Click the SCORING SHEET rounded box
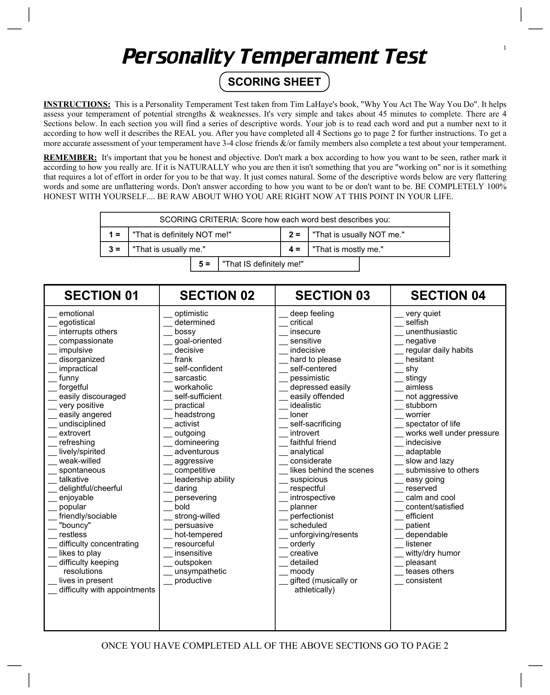274,82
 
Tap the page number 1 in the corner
504,48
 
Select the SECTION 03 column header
332,296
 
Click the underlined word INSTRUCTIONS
77,104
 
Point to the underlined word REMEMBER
70,157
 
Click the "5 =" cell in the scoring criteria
204,264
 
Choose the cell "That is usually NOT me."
358,235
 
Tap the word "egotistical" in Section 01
77,323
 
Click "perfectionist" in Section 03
312,516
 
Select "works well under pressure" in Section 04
452,433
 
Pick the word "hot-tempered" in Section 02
198,534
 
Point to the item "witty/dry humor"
433,553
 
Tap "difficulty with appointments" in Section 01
107,590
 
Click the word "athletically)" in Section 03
315,590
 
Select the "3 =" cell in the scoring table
114,249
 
